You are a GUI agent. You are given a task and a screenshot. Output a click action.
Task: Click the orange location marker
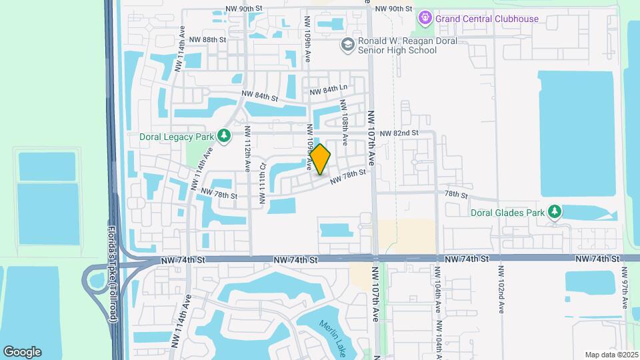click(321, 159)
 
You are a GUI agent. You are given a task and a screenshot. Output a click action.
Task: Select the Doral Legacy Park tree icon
click(225, 137)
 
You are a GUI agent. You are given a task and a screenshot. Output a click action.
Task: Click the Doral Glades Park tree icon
click(554, 212)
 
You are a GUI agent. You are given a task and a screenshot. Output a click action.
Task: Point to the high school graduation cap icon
click(347, 45)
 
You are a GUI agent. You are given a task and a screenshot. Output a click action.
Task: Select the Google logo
click(22, 352)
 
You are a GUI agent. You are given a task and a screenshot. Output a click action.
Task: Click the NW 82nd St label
click(399, 133)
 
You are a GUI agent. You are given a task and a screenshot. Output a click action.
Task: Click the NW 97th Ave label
click(625, 287)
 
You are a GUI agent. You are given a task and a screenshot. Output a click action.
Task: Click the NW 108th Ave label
click(344, 122)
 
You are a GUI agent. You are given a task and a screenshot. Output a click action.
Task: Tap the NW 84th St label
click(259, 96)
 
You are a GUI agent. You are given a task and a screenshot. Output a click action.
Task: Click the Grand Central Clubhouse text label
click(487, 19)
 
